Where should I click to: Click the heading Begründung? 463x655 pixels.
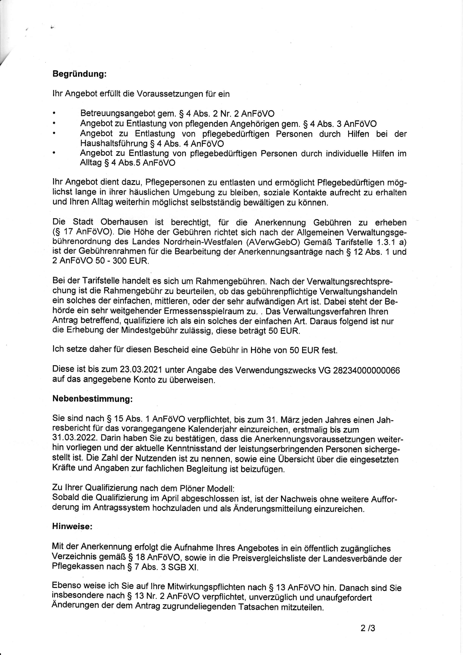click(x=80, y=74)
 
